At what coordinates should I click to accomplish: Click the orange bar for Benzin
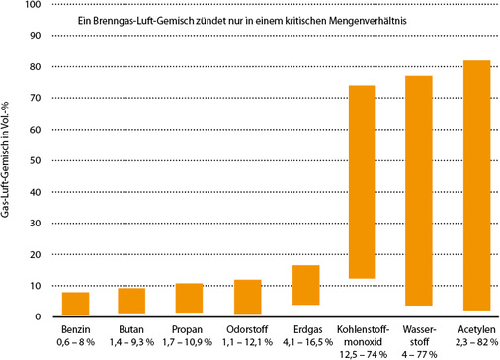click(x=76, y=303)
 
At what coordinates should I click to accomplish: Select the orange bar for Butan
click(x=132, y=301)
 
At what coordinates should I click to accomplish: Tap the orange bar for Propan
click(x=190, y=298)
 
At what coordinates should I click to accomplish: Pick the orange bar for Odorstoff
click(x=247, y=296)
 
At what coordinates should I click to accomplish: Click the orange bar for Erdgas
click(x=304, y=285)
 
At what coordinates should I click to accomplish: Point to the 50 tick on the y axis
click(x=35, y=161)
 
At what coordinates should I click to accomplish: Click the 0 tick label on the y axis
click(x=38, y=317)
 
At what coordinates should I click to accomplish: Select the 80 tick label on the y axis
click(x=35, y=67)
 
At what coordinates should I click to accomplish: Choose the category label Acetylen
click(x=475, y=328)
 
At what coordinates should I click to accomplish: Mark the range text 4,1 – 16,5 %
click(x=304, y=340)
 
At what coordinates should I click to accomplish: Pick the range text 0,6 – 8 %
click(x=76, y=340)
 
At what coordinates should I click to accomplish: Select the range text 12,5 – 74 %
click(x=363, y=352)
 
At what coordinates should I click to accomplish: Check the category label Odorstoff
click(x=247, y=328)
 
